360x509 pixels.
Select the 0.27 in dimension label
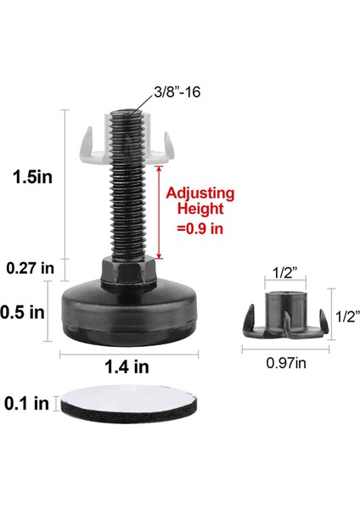(30, 268)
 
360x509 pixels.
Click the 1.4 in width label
(128, 367)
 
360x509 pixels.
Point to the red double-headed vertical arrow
(158, 211)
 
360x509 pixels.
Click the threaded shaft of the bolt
(127, 204)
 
